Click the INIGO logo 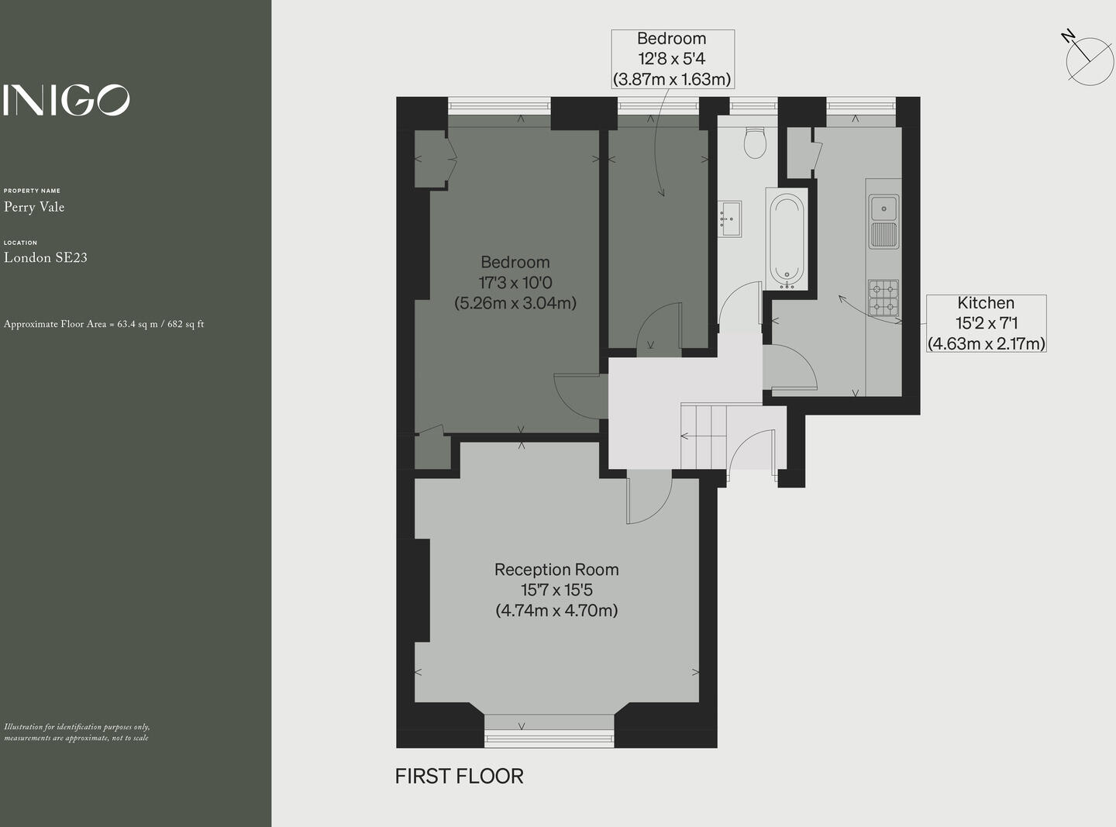[67, 100]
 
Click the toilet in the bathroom [754, 143]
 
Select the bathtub [787, 240]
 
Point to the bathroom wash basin [729, 219]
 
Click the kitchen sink [883, 209]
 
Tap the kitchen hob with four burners [883, 298]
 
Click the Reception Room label [556, 570]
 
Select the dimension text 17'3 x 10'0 [515, 283]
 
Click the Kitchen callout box [987, 323]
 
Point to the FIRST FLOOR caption [459, 776]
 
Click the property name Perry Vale [34, 207]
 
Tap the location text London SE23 [46, 258]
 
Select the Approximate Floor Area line [104, 324]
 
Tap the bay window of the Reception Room [549, 732]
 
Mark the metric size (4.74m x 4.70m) [556, 611]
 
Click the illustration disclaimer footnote [77, 732]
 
